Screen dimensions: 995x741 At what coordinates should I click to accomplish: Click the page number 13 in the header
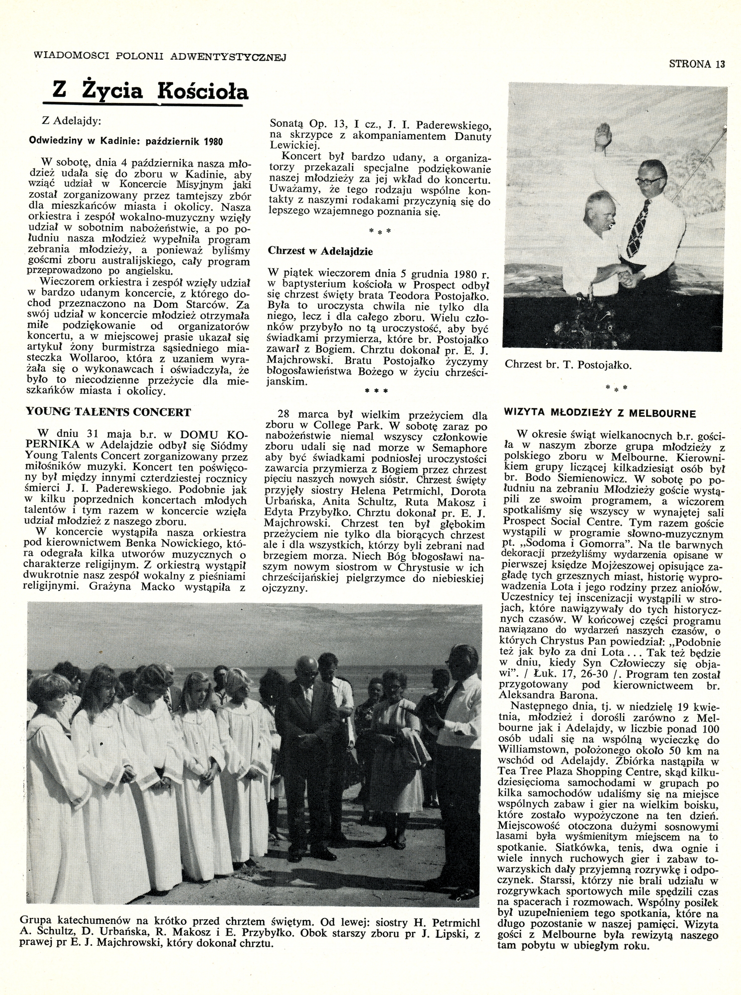(720, 64)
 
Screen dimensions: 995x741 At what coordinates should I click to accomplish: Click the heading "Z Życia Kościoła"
(150, 91)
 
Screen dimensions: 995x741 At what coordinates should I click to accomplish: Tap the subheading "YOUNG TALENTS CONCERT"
(108, 412)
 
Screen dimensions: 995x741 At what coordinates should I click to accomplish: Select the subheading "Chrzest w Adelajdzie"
(320, 251)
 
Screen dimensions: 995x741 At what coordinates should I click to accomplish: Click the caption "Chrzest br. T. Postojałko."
(568, 365)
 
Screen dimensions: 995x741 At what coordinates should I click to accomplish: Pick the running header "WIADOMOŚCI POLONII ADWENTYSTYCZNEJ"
(160, 57)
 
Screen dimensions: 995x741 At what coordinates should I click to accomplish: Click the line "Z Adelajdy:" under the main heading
(72, 120)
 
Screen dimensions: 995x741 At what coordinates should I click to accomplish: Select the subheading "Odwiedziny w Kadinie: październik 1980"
(126, 141)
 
